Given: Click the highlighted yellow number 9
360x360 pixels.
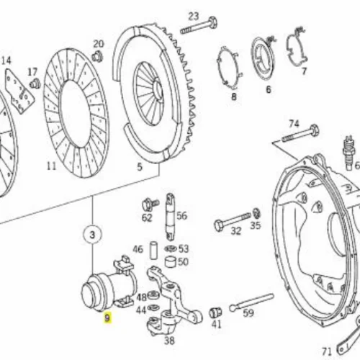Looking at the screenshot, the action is (107, 318).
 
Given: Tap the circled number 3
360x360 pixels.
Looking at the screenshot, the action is (92, 235).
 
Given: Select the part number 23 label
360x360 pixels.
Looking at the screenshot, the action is (194, 17).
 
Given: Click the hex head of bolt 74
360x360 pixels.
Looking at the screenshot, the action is (314, 130).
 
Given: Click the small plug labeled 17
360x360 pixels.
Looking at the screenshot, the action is (35, 84).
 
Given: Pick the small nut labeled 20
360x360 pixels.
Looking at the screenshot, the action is (97, 57).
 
